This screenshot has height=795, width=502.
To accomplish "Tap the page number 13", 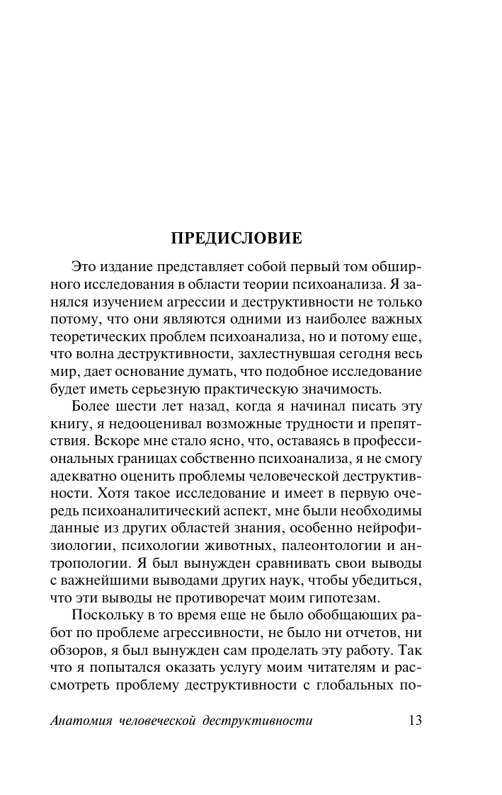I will tap(415, 721).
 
